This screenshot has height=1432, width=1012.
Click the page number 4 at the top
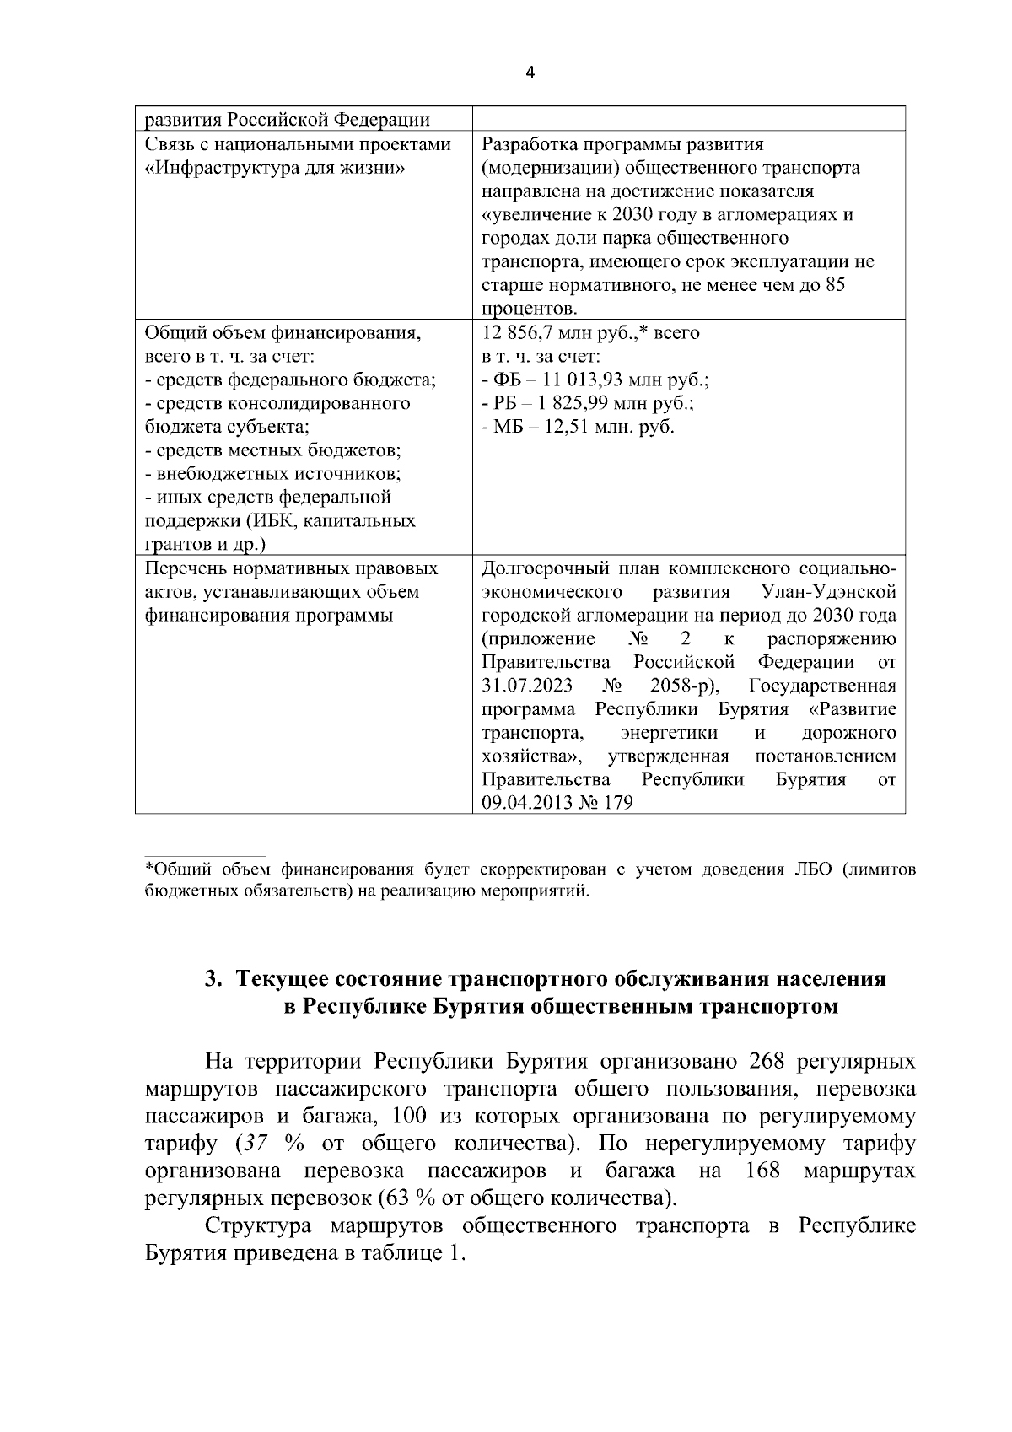pyautogui.click(x=530, y=73)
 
